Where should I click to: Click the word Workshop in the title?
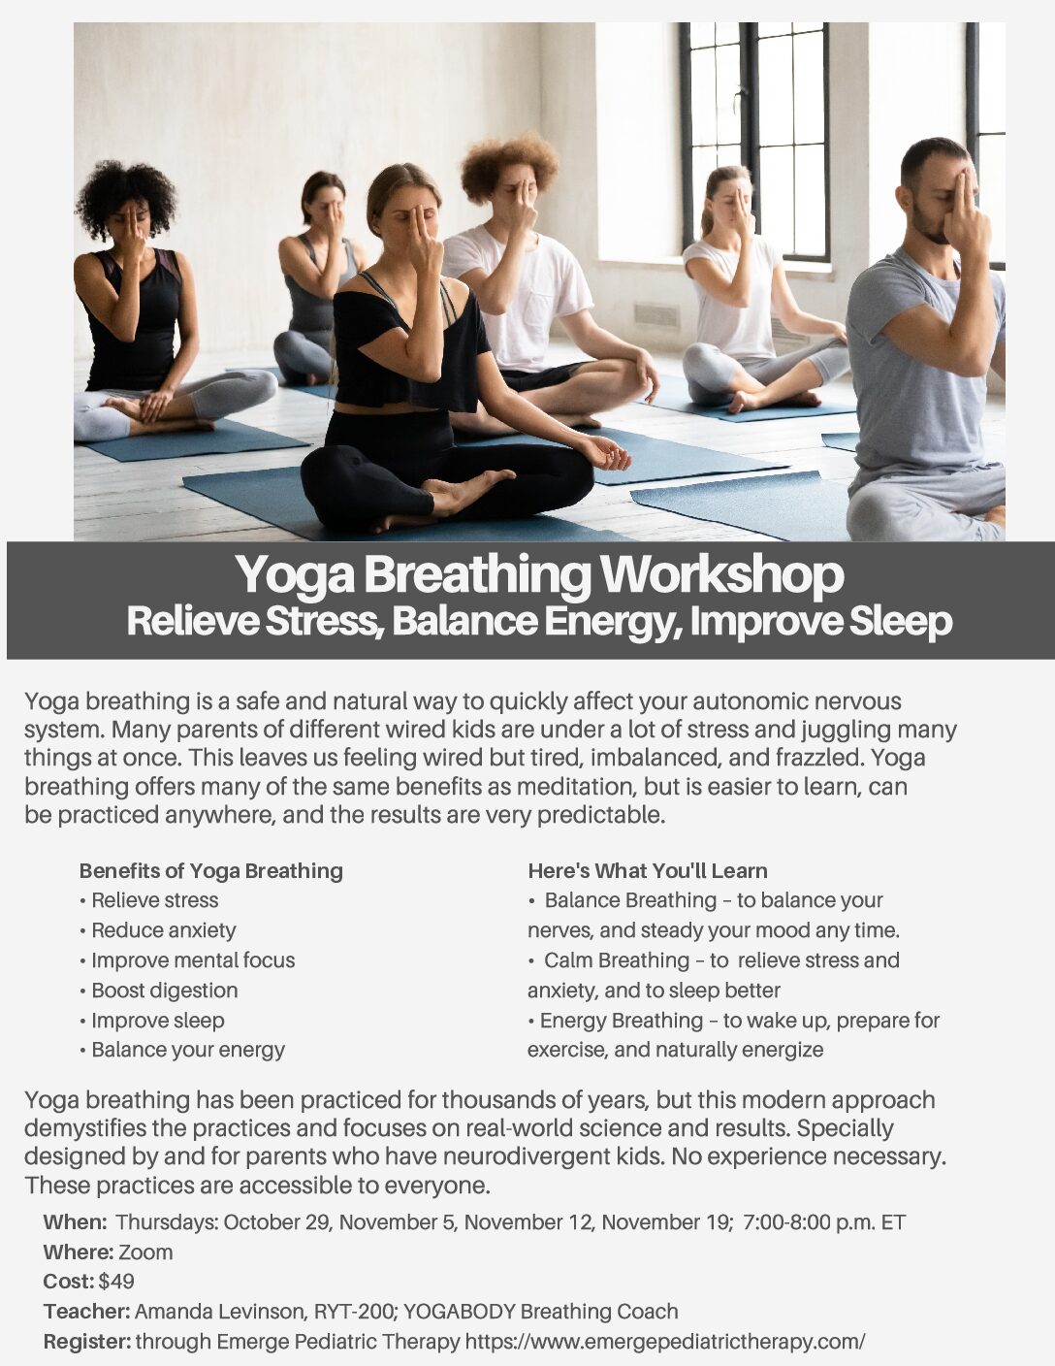pyautogui.click(x=722, y=573)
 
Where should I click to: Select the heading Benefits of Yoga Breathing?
pyautogui.click(x=211, y=870)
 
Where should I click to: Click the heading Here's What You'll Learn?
pyautogui.click(x=648, y=870)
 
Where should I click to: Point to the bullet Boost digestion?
pyautogui.click(x=159, y=991)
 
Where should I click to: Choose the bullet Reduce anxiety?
pyautogui.click(x=158, y=929)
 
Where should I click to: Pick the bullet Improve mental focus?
pyautogui.click(x=187, y=959)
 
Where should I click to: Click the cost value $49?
pyautogui.click(x=116, y=1282)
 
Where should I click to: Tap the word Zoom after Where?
pyautogui.click(x=145, y=1252)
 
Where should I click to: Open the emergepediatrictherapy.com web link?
pyautogui.click(x=665, y=1342)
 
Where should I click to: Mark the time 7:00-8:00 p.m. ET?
pyautogui.click(x=824, y=1222)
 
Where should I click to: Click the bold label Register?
pyautogui.click(x=87, y=1342)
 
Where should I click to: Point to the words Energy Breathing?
pyautogui.click(x=622, y=1021)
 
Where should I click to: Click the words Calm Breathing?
pyautogui.click(x=617, y=959)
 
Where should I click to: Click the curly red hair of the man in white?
pyautogui.click(x=508, y=165)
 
